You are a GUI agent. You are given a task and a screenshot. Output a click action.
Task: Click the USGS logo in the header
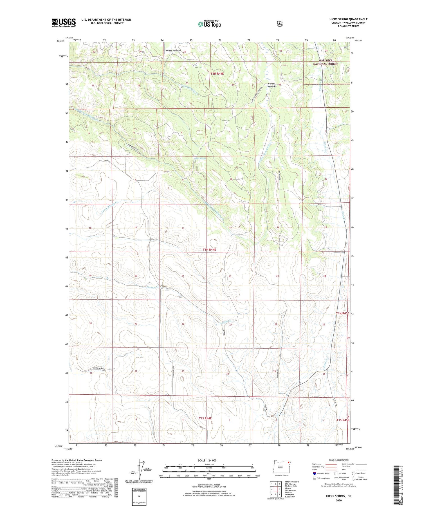(x=64, y=23)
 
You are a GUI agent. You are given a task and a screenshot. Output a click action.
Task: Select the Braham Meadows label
(x=272, y=85)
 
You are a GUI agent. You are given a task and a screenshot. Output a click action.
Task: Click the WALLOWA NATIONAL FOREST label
(x=326, y=62)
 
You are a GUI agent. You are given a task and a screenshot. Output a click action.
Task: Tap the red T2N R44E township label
(x=217, y=74)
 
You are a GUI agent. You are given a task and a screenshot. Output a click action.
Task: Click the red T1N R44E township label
(x=209, y=249)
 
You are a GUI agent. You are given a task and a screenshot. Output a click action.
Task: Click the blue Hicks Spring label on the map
(x=200, y=158)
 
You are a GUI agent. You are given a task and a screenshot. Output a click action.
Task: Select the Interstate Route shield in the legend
(x=315, y=473)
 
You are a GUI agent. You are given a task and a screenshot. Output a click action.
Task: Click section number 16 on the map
(x=183, y=228)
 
